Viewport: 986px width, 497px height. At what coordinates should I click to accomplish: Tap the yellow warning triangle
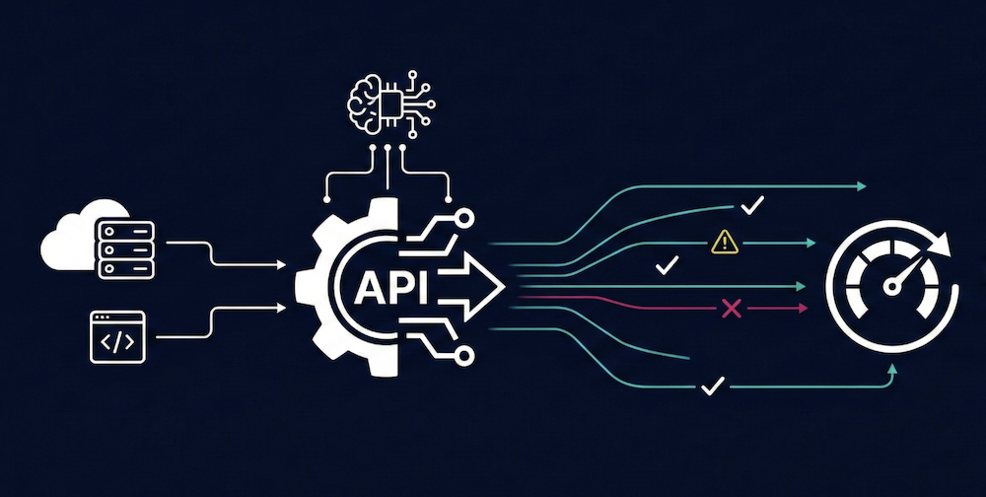pos(725,240)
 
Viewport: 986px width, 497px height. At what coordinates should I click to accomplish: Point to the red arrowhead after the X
pos(803,310)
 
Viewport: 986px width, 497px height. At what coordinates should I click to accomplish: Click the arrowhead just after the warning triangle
pos(810,242)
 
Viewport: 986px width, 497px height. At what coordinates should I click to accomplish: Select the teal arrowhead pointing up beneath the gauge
pos(893,368)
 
